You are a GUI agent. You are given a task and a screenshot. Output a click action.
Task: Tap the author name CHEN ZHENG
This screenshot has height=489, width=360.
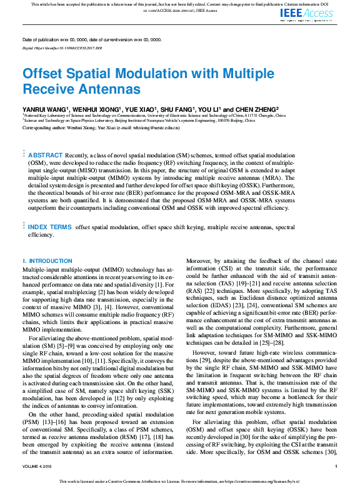tap(254, 108)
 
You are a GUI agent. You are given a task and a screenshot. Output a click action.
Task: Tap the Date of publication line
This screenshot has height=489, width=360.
tap(91, 39)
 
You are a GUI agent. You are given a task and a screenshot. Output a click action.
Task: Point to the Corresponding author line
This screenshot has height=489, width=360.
tap(101, 127)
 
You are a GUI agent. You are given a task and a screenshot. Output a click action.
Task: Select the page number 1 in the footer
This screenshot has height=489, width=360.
tap(336, 466)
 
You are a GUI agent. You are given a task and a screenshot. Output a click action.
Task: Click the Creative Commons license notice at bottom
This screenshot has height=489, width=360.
tap(179, 481)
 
